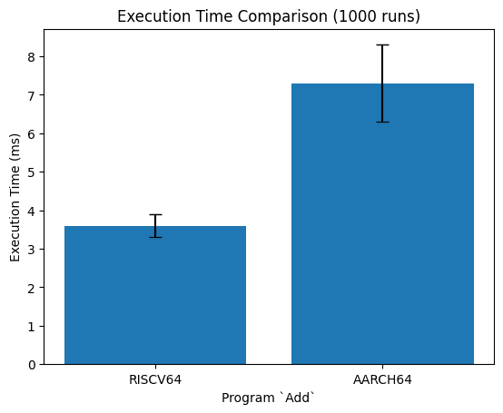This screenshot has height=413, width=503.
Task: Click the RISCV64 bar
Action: [155, 295]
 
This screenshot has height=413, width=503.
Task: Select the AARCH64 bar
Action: [382, 224]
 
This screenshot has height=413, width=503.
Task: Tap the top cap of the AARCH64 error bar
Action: [382, 44]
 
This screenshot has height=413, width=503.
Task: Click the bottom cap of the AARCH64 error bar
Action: [382, 123]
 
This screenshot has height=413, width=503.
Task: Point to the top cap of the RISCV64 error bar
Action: [155, 214]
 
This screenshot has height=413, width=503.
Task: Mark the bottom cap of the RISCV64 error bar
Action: [155, 237]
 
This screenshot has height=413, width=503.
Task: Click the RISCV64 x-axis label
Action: [155, 380]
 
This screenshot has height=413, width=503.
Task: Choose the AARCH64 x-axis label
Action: [382, 380]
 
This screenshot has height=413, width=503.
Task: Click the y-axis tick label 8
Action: [32, 57]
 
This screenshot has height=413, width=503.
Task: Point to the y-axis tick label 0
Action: [32, 365]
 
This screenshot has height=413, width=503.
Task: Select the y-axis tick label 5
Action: [32, 172]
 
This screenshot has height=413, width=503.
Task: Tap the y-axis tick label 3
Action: [32, 249]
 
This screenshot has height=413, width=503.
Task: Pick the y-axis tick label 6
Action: [32, 133]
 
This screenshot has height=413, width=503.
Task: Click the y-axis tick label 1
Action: [32, 326]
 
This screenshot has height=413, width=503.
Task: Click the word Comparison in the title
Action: [282, 16]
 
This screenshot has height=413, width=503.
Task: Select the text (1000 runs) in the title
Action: [376, 16]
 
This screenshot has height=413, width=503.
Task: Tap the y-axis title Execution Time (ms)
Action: [15, 197]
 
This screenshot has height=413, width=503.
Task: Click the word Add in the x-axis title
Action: [297, 398]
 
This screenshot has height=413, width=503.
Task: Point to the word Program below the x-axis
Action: [248, 398]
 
